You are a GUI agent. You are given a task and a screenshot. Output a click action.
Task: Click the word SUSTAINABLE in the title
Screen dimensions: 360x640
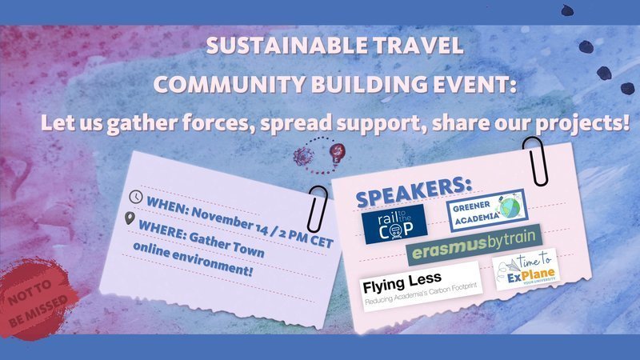point(265,46)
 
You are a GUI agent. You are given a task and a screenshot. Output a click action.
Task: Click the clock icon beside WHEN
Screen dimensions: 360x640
point(137,195)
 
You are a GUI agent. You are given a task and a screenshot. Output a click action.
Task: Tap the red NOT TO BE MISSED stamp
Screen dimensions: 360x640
point(40,298)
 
